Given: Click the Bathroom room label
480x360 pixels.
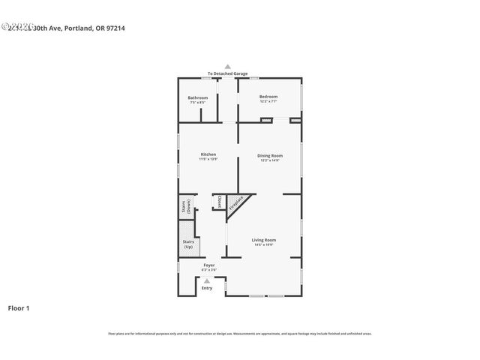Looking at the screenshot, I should click(x=198, y=97).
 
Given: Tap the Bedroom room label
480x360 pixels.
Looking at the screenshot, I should click(x=268, y=96).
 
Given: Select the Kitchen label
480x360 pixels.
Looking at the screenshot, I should click(x=208, y=154).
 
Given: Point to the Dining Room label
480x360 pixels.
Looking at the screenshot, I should click(x=270, y=155).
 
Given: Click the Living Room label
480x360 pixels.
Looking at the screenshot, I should click(x=265, y=239).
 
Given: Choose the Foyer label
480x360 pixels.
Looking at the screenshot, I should click(x=209, y=265).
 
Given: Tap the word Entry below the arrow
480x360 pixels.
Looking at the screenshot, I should click(x=207, y=288).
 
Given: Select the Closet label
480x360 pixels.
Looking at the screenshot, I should click(x=219, y=202).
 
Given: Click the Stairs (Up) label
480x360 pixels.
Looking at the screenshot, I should click(x=188, y=244).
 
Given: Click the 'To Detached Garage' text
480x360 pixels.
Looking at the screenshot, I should click(x=228, y=73).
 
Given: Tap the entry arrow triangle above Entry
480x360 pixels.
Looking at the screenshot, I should click(x=207, y=281).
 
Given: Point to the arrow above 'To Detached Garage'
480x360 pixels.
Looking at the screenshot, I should click(x=228, y=67).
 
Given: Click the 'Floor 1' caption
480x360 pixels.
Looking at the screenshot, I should click(x=19, y=307).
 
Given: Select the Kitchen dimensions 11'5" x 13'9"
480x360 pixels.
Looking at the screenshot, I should click(x=208, y=159).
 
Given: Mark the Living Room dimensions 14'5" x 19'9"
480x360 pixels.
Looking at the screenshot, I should click(x=265, y=244).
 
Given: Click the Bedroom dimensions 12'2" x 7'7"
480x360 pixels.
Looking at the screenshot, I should click(x=268, y=101).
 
